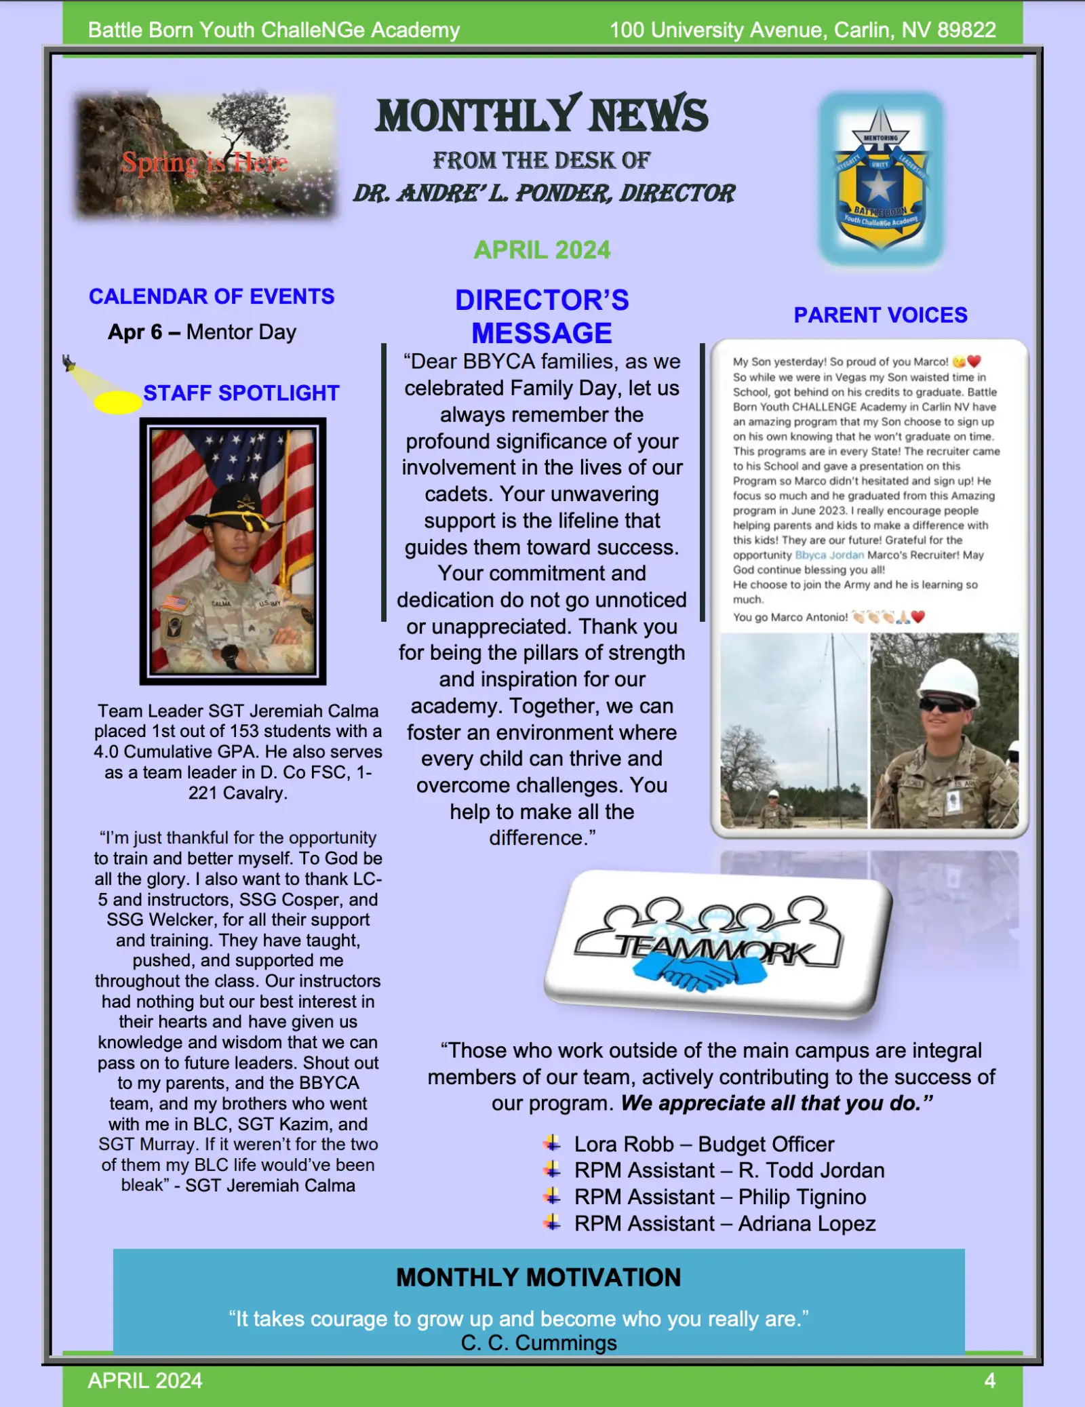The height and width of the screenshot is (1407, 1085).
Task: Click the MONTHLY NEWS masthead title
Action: click(x=542, y=115)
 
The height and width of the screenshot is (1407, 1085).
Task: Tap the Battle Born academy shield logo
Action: click(x=880, y=178)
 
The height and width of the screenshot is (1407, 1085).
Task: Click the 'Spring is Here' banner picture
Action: click(x=205, y=157)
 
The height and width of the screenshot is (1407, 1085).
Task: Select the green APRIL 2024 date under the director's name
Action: click(x=542, y=250)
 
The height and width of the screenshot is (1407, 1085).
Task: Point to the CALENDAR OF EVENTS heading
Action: click(x=212, y=296)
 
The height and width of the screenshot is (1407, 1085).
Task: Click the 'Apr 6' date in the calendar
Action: click(x=135, y=332)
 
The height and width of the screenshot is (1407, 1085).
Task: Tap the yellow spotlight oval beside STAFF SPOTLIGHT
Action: click(x=117, y=402)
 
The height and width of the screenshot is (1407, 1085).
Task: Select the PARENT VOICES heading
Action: click(x=880, y=315)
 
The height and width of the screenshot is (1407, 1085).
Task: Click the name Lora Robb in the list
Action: click(x=624, y=1145)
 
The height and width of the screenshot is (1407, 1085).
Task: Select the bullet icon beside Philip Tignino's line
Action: click(x=553, y=1196)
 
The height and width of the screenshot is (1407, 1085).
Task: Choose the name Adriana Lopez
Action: click(x=807, y=1224)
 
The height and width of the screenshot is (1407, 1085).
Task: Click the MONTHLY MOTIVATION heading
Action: click(x=538, y=1277)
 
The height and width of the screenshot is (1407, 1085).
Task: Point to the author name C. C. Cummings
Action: click(x=539, y=1343)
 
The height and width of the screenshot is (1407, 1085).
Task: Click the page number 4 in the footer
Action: click(x=989, y=1381)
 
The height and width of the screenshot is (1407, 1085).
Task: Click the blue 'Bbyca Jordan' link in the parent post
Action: click(x=829, y=555)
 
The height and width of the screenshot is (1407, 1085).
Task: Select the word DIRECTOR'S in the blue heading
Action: click(x=542, y=300)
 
